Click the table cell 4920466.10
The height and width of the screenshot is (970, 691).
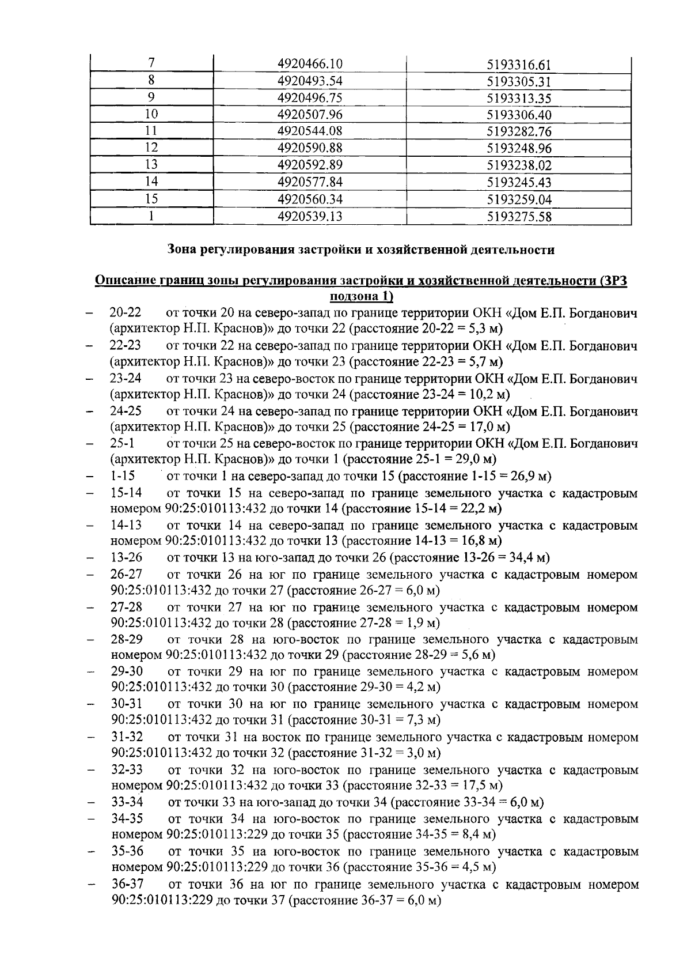[x=310, y=64]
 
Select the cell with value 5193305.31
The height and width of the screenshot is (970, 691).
[x=519, y=81]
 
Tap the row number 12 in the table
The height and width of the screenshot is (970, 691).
[x=151, y=148]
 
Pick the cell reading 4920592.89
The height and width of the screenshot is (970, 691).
[x=310, y=165]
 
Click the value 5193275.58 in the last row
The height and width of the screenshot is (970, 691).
[x=519, y=217]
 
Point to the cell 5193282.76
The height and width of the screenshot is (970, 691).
[x=519, y=131]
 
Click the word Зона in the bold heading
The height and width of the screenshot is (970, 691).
[x=183, y=250]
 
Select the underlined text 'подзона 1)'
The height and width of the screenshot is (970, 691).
[x=360, y=296]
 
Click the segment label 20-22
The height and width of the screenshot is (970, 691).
[x=126, y=313]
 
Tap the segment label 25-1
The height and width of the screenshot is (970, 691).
[x=122, y=444]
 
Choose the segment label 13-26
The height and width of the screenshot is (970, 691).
[x=126, y=557]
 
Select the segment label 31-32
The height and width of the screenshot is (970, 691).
[x=127, y=737]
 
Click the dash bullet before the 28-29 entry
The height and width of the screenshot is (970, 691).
[x=90, y=640]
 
